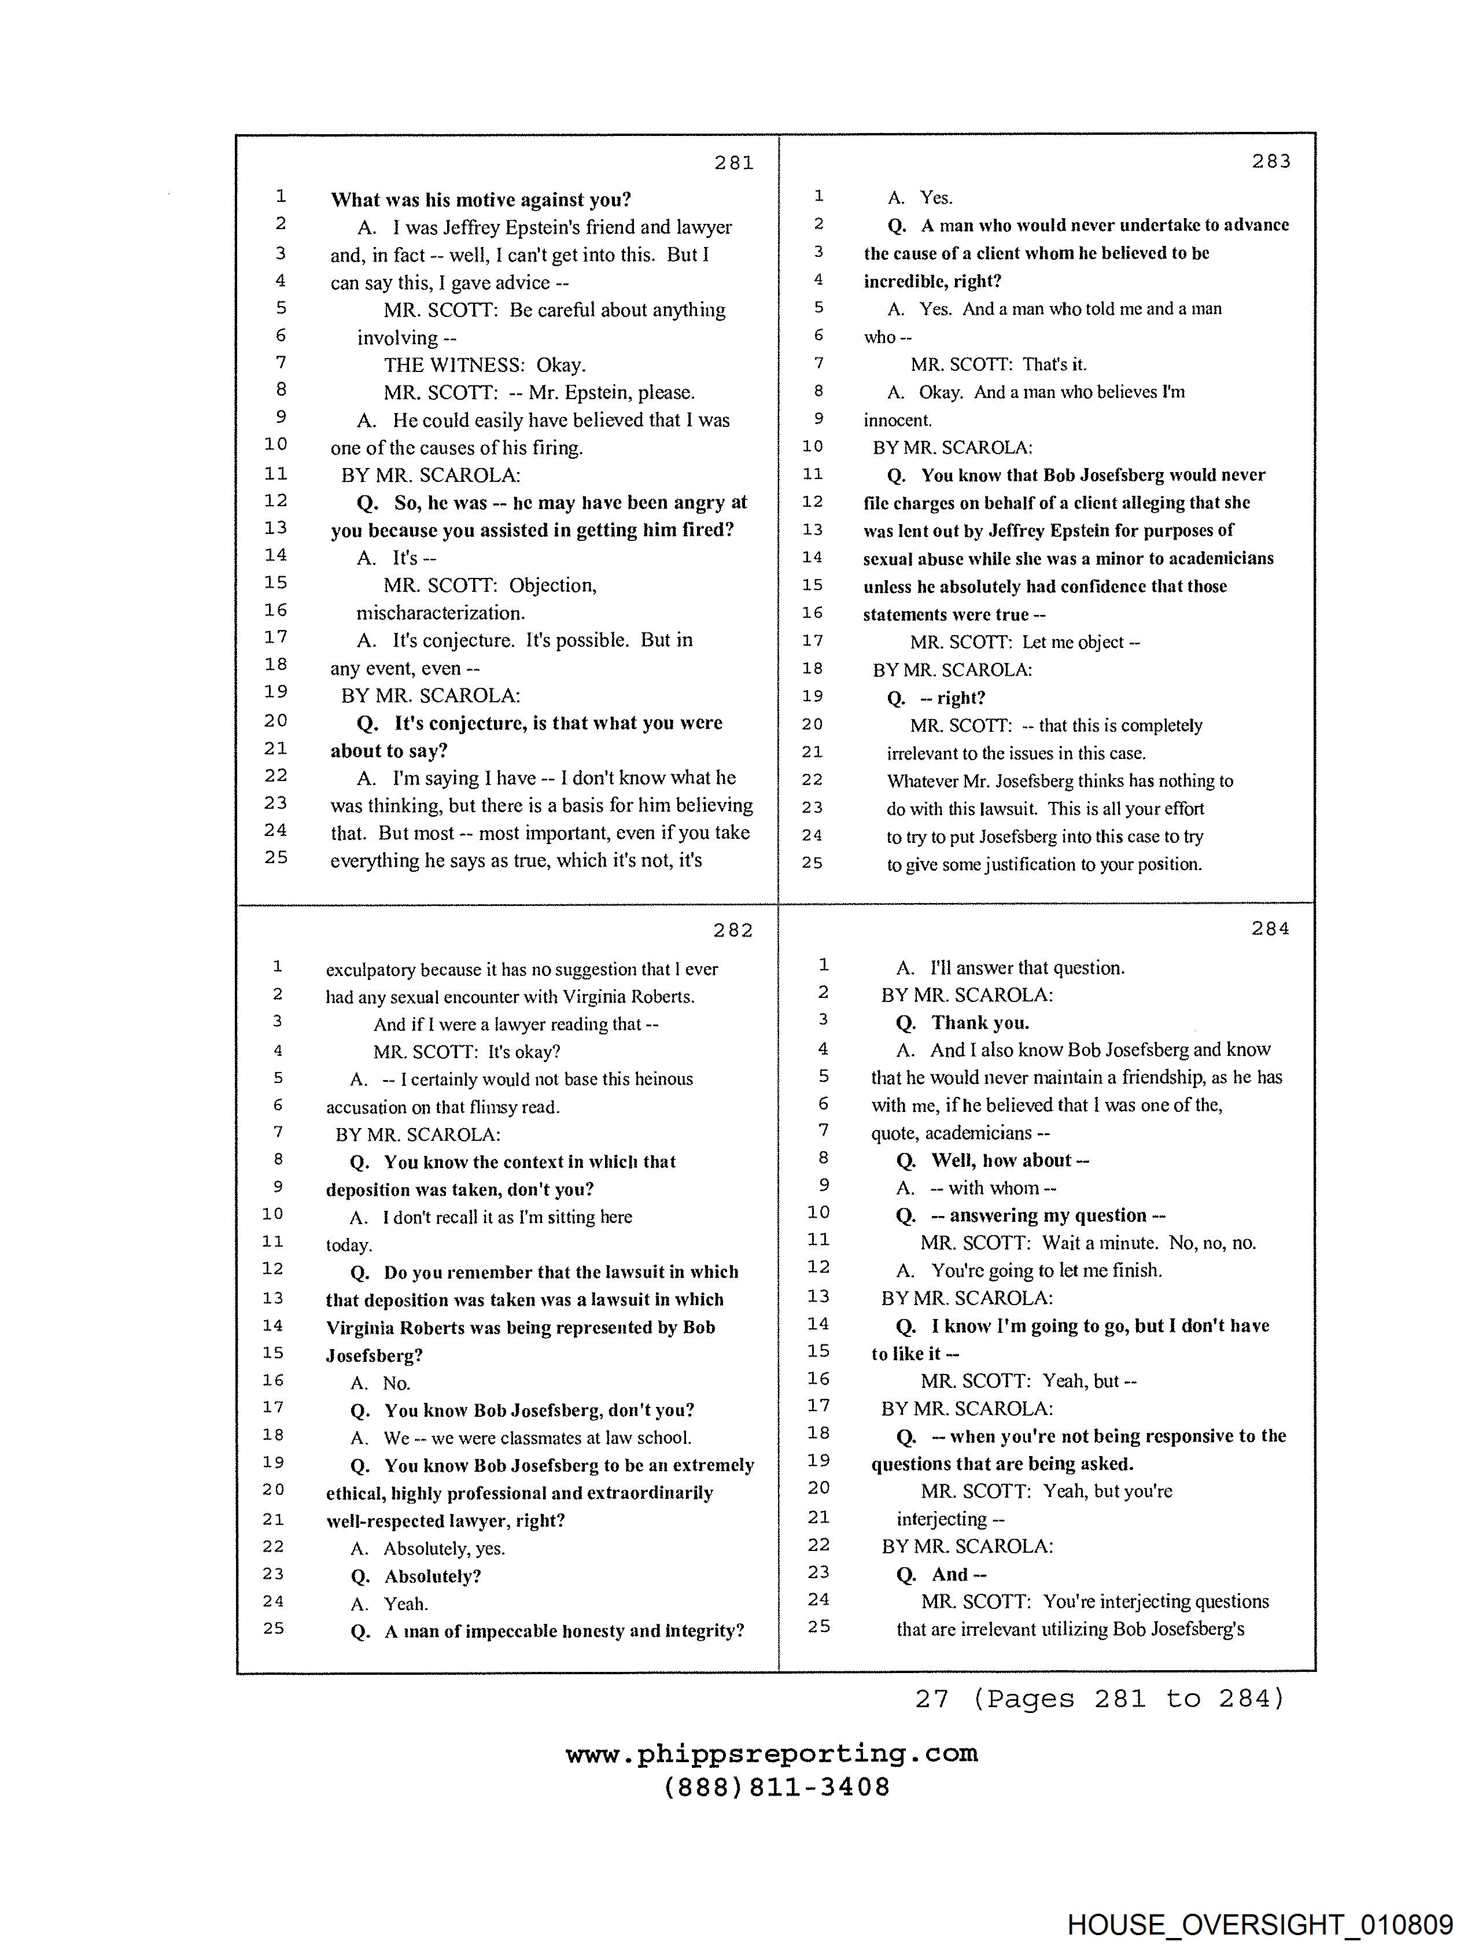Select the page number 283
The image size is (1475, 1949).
click(1271, 161)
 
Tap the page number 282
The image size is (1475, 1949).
click(733, 930)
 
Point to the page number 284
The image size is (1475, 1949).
click(1270, 929)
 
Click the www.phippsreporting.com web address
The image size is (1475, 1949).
click(771, 1753)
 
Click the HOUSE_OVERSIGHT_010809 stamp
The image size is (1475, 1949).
click(1259, 1924)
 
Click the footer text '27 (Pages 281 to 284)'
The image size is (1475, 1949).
click(1100, 1699)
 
